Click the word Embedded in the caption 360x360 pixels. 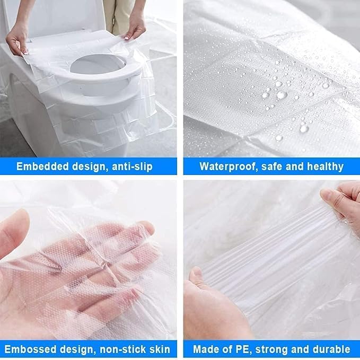point(42,166)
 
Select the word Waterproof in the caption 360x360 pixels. point(228,166)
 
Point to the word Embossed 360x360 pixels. point(30,349)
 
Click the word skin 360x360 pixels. point(160,349)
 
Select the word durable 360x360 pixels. point(332,349)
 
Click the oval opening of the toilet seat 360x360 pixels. point(98,64)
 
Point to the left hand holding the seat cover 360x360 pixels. point(17,40)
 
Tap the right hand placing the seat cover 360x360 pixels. point(135,28)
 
